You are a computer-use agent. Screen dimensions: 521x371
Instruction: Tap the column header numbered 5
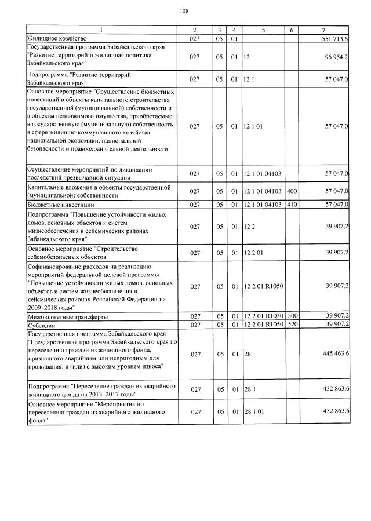(263, 30)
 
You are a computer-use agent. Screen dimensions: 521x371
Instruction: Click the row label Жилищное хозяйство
(55, 37)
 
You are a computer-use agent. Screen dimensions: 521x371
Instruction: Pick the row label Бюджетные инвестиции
(57, 204)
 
